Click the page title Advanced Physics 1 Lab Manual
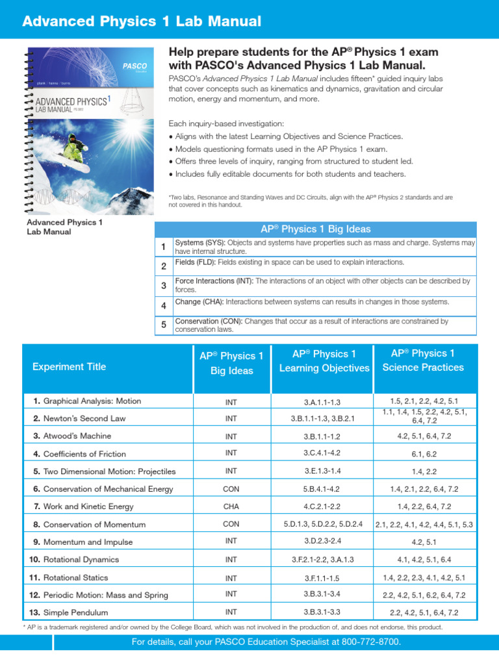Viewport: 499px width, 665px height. (142, 21)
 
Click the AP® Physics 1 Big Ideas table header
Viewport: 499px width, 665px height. (315, 229)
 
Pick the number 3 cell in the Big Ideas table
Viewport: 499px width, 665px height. (164, 286)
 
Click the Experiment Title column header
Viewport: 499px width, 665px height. (70, 366)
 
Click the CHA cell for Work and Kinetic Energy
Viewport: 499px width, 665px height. (231, 507)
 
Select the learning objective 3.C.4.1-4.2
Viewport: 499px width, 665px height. (322, 453)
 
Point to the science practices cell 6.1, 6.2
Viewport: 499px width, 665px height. (424, 454)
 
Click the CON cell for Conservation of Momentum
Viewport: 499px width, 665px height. (231, 524)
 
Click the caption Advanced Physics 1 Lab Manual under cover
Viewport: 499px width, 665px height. (64, 226)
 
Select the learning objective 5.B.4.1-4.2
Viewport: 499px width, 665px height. (322, 489)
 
